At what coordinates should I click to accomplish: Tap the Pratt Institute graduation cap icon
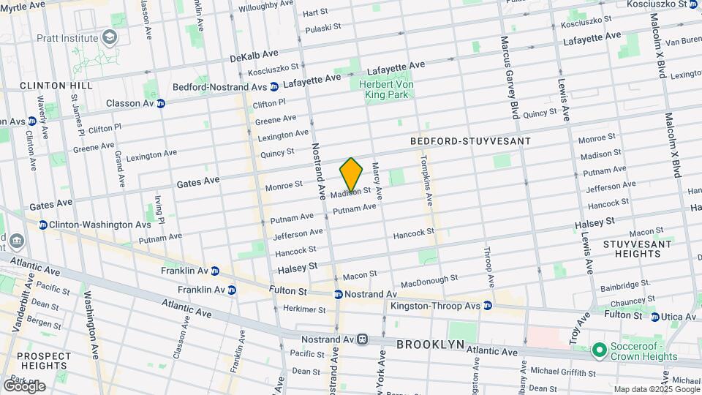(110, 37)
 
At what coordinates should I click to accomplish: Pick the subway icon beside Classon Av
(161, 103)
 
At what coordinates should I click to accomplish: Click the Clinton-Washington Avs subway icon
(43, 225)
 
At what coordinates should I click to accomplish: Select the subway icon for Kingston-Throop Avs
(488, 305)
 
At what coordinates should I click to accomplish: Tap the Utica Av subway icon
(655, 317)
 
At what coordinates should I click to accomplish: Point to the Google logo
(23, 386)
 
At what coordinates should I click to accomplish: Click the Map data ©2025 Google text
(656, 389)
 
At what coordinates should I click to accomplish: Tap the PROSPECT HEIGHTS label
(44, 361)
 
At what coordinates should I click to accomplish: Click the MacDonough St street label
(429, 281)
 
